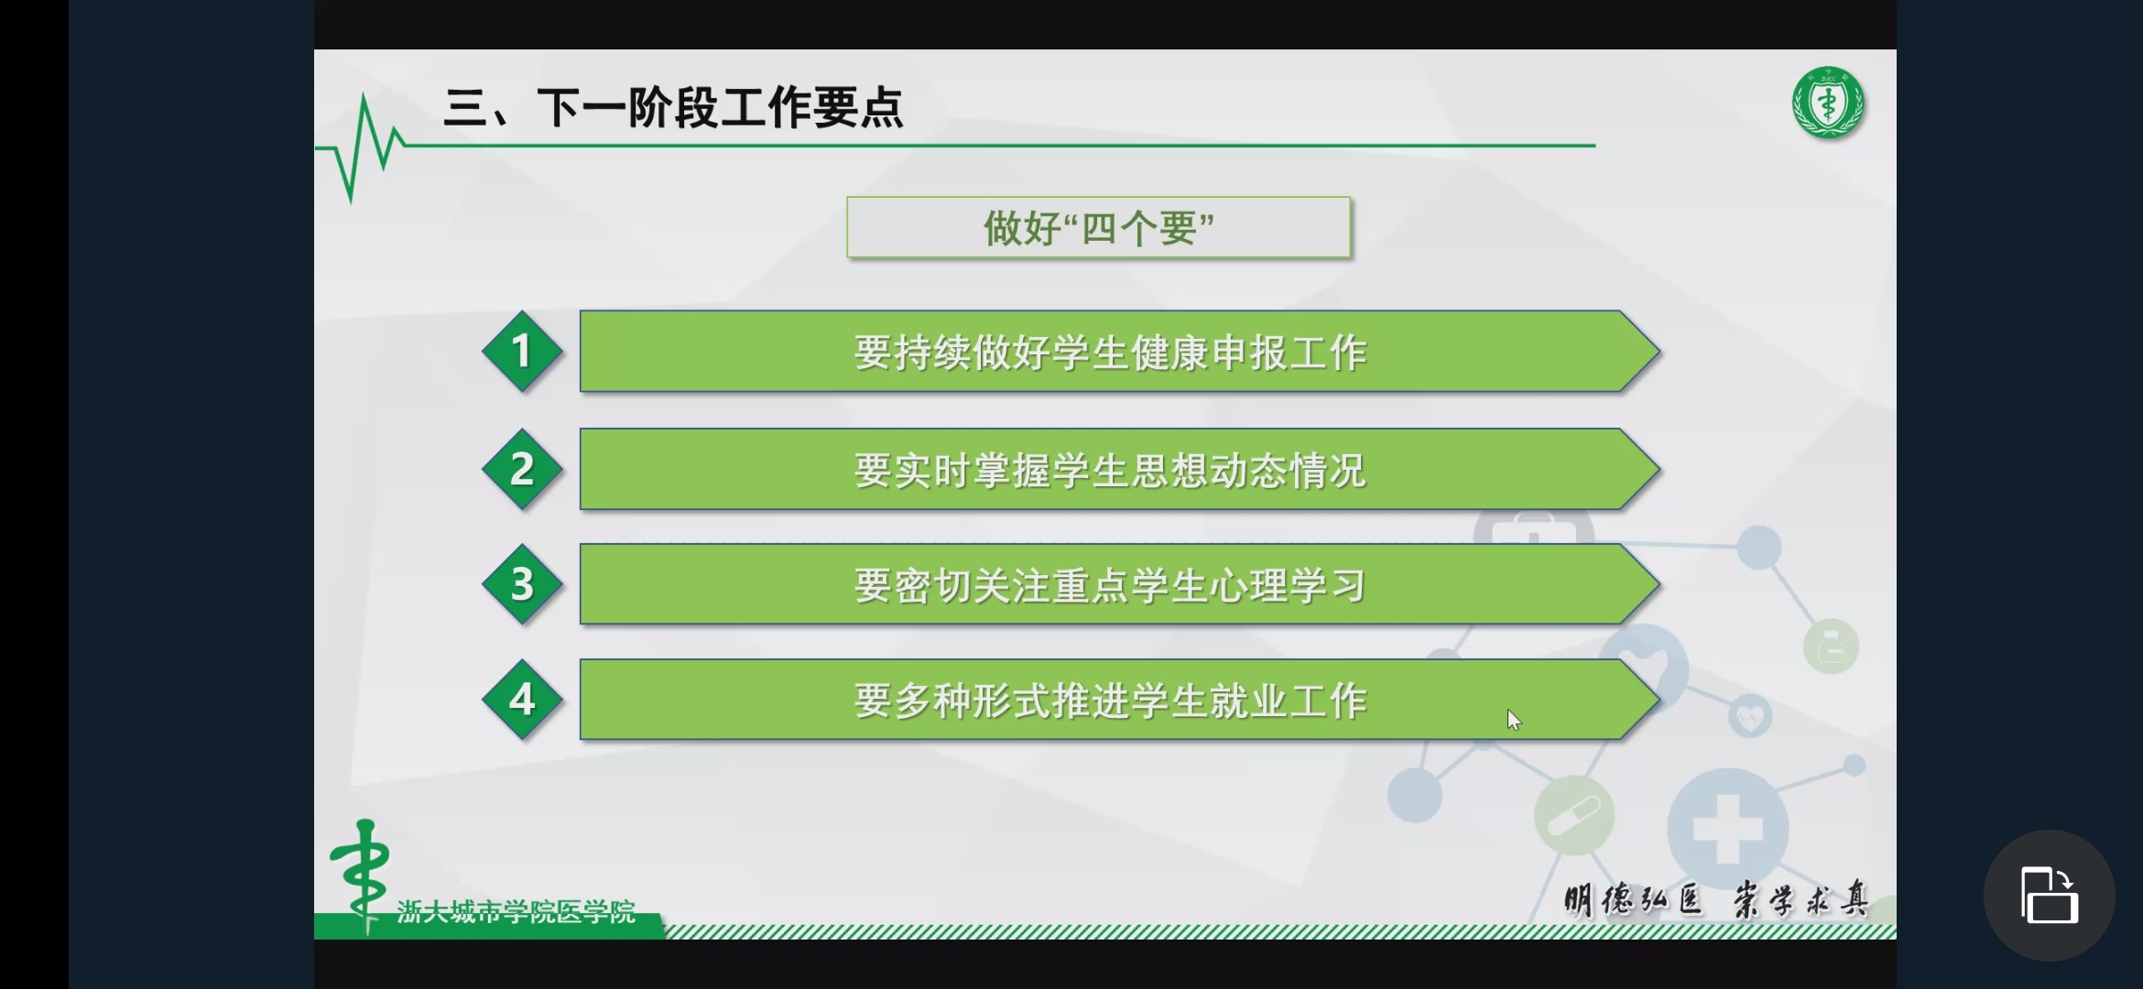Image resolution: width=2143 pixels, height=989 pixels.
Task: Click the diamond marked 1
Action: click(522, 352)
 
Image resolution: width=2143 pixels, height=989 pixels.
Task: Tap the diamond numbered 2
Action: click(522, 469)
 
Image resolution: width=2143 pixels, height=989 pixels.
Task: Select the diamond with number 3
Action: click(522, 584)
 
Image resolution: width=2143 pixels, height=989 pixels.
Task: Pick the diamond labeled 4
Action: click(522, 700)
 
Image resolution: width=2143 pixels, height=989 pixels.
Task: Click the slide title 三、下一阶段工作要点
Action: click(674, 107)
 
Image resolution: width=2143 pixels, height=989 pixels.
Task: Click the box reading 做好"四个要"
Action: click(1098, 227)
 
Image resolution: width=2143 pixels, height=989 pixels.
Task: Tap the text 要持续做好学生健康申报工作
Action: click(1110, 353)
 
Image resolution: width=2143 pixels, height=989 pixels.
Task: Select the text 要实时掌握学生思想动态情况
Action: click(1110, 471)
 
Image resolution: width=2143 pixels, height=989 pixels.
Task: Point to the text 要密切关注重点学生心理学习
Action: click(1110, 586)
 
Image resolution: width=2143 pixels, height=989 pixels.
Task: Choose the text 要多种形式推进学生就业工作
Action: click(1110, 701)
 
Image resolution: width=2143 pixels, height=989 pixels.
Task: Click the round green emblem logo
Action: click(1828, 103)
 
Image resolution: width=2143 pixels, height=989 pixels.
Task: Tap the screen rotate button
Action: click(2049, 896)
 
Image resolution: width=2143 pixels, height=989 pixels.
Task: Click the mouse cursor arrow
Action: click(1513, 720)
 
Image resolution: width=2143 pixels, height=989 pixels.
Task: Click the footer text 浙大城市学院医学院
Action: click(516, 911)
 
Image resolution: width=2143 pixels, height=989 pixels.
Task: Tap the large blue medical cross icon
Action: click(1727, 830)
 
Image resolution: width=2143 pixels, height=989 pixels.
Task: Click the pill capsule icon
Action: click(1574, 815)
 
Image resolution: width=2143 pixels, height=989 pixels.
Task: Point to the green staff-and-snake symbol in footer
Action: click(362, 875)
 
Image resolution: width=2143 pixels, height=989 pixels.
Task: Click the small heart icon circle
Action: click(1750, 716)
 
